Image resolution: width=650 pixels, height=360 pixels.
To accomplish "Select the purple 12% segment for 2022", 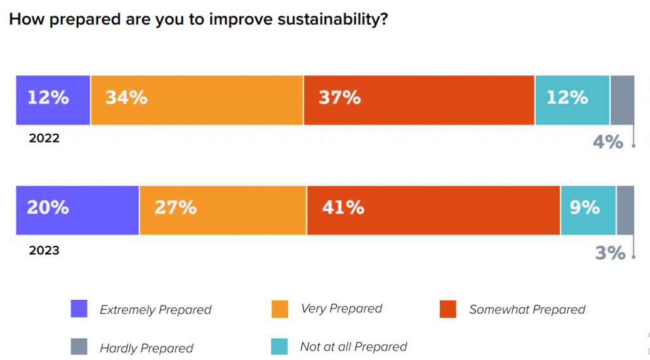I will click(x=53, y=100).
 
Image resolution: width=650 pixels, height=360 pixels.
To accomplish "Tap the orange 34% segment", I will click(x=197, y=100).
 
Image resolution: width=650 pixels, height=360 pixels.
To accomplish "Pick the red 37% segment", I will click(x=419, y=100).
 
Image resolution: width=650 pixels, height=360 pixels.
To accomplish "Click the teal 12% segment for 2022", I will click(x=573, y=100).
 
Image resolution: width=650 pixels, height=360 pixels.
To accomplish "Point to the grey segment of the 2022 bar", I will click(x=622, y=100).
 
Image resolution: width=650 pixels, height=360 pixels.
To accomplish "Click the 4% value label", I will click(x=607, y=142).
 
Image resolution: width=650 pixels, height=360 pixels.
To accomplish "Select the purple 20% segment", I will click(x=77, y=210).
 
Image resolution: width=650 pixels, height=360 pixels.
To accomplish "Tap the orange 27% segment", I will click(x=223, y=210).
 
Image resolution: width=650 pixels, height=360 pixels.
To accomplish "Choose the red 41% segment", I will click(x=434, y=210).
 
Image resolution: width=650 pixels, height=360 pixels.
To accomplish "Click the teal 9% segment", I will click(x=588, y=210).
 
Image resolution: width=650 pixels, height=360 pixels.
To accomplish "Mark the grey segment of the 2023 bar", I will click(x=625, y=210).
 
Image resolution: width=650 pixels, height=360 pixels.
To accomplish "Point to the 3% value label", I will click(x=610, y=253).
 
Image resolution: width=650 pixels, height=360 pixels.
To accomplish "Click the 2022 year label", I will click(x=44, y=138).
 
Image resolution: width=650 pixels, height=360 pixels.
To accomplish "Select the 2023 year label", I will click(x=44, y=250).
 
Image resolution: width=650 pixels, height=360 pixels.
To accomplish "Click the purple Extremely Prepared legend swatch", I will click(x=79, y=309).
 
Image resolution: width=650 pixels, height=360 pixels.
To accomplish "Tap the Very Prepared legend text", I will click(x=342, y=309).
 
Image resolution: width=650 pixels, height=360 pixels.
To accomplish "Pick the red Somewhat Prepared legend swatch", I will click(x=448, y=309).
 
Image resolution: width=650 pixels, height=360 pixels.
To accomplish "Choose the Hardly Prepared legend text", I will click(x=147, y=348).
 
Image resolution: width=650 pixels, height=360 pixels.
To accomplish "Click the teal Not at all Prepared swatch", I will click(x=279, y=347).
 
